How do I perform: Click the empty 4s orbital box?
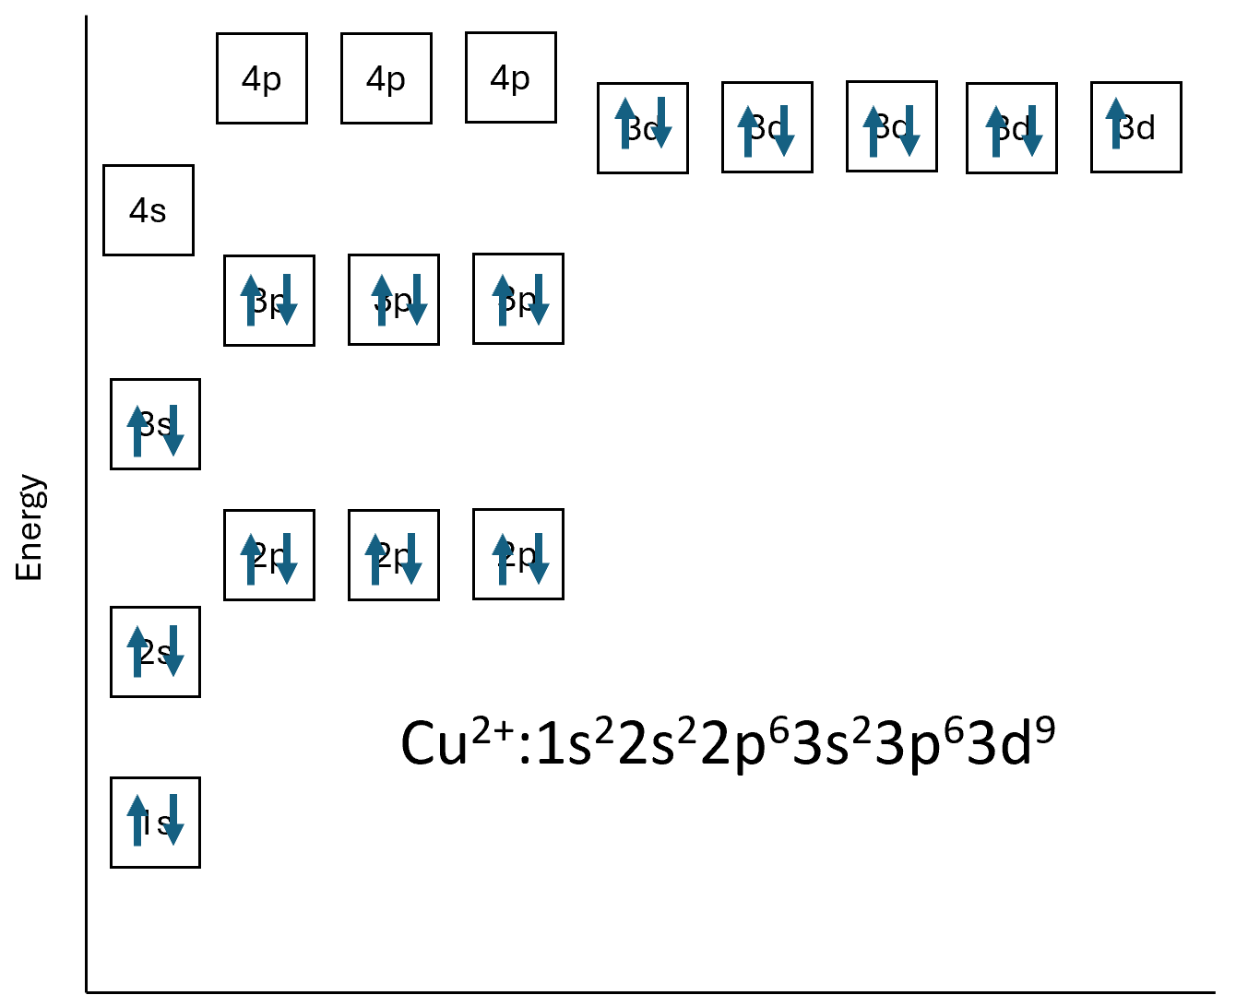click(x=149, y=210)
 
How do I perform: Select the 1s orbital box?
click(x=155, y=823)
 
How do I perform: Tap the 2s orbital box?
click(x=155, y=652)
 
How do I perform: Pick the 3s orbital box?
click(x=155, y=424)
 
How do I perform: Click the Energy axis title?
click(x=30, y=527)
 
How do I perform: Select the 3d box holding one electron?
click(x=1135, y=127)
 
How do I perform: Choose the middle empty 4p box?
click(x=386, y=78)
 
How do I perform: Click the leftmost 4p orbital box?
click(x=262, y=78)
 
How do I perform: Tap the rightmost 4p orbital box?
click(x=511, y=77)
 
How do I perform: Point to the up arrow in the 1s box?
click(x=137, y=819)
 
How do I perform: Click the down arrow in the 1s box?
click(x=172, y=819)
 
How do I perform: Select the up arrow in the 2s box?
click(x=137, y=650)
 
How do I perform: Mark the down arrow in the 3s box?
click(x=172, y=430)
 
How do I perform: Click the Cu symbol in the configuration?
click(x=434, y=743)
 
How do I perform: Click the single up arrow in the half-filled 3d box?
click(x=1116, y=123)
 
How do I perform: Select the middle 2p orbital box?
click(x=394, y=555)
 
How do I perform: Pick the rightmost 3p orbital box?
click(x=518, y=299)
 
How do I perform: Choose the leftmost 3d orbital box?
click(x=643, y=127)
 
